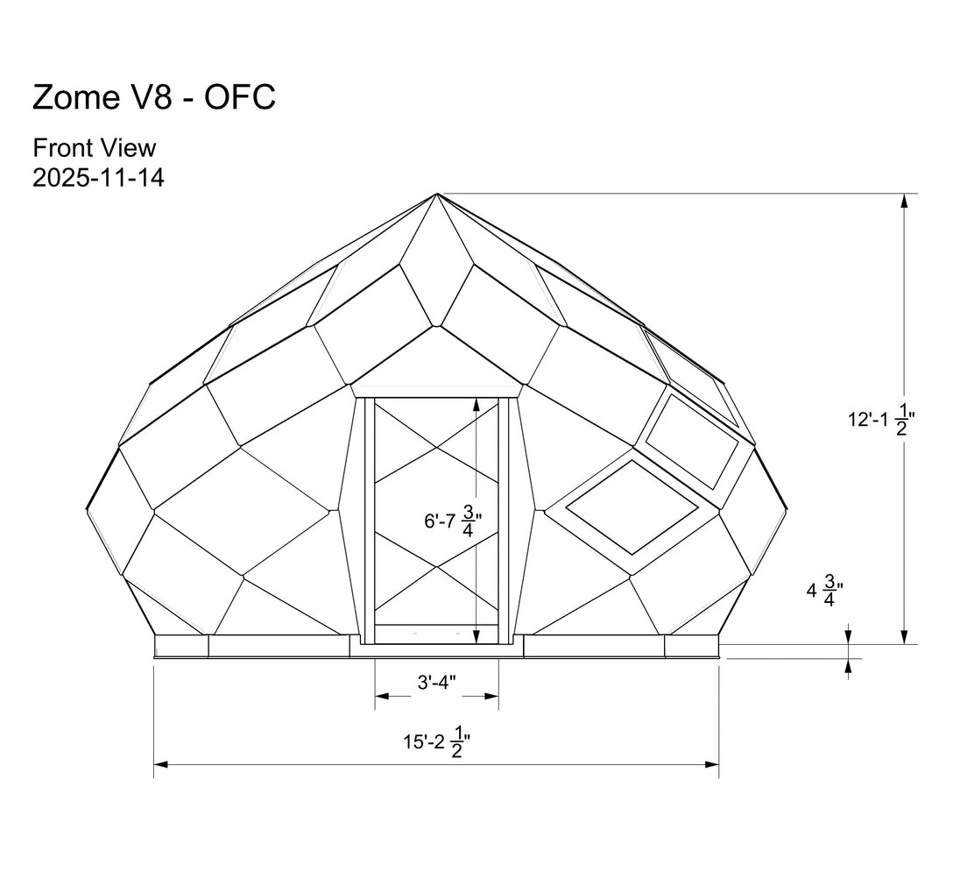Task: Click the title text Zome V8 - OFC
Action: [153, 96]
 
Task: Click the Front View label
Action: [95, 148]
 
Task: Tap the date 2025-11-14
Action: [99, 178]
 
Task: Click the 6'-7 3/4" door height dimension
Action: [453, 521]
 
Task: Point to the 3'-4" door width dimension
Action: [436, 683]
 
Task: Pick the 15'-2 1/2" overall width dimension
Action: [436, 741]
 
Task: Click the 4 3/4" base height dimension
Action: [825, 591]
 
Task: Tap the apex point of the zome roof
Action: [437, 194]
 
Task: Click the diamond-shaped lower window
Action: [632, 507]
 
